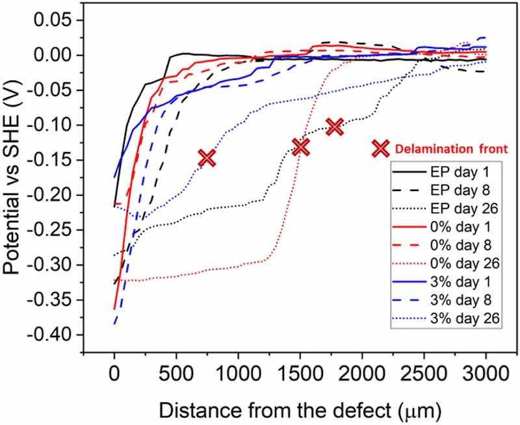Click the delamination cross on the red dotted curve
[x=300, y=147]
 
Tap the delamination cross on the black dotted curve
[x=335, y=126]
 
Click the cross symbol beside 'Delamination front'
[x=380, y=149]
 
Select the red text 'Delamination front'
[x=440, y=149]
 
